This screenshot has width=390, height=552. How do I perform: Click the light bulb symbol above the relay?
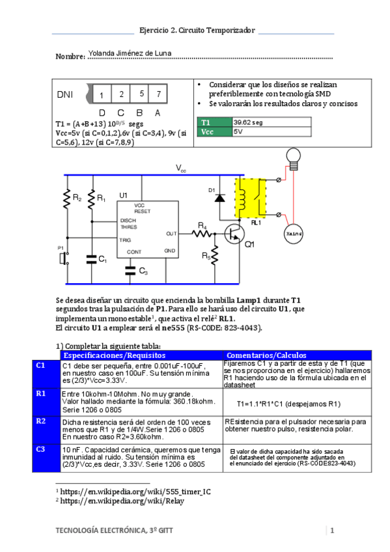293,159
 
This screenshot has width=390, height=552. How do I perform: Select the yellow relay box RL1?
250,198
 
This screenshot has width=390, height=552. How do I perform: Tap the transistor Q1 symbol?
234,234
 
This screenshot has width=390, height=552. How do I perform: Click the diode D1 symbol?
219,198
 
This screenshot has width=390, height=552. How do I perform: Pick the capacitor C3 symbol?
130,270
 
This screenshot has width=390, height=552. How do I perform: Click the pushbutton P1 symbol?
64,258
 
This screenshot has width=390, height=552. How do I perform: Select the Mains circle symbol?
293,234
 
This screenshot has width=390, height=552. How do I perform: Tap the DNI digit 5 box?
139,94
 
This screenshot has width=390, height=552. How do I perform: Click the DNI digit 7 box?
158,94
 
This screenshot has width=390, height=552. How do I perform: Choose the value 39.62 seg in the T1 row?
248,122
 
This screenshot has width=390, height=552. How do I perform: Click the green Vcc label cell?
214,131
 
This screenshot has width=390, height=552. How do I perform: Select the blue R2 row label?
46,430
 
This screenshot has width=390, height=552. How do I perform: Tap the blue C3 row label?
46,458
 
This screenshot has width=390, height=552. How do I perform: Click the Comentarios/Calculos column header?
266,355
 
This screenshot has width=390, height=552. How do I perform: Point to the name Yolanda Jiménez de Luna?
130,53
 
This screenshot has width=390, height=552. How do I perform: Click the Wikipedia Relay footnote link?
122,501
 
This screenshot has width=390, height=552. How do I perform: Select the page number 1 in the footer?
332,531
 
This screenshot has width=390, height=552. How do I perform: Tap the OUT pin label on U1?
171,234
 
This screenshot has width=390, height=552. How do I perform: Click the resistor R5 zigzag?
215,255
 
